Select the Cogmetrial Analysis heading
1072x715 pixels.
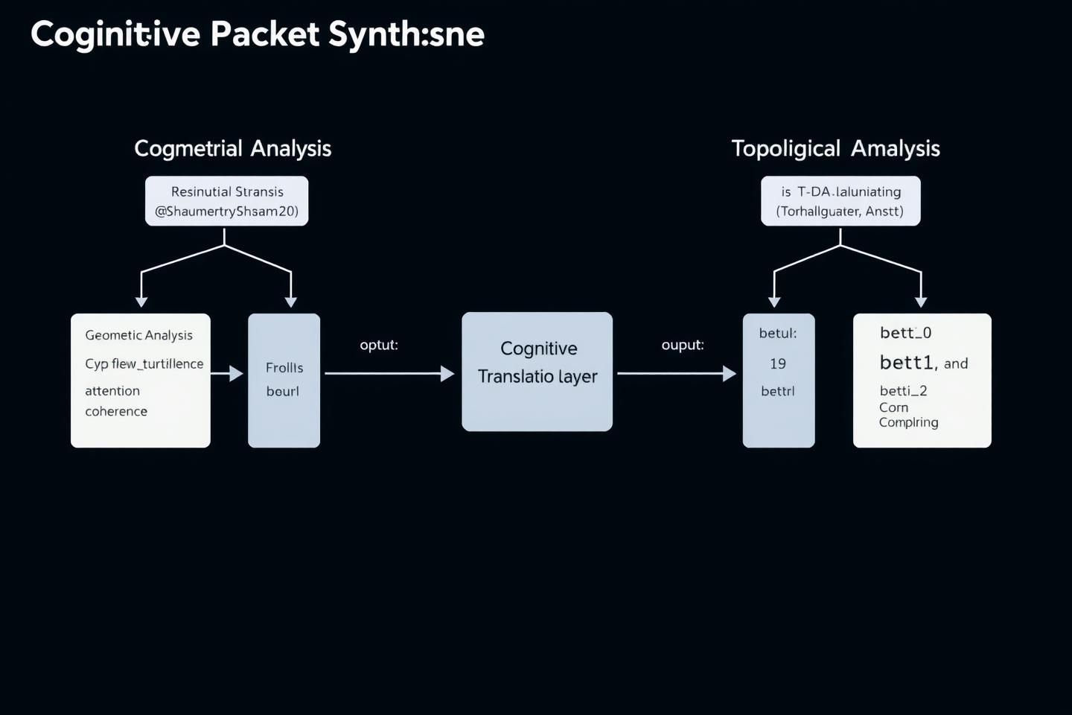point(232,148)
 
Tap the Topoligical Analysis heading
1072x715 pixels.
point(835,148)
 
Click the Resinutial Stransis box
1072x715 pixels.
point(226,201)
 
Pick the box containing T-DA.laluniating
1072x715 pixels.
point(840,201)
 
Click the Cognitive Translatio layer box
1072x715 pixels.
point(537,372)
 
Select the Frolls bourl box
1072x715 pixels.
point(284,380)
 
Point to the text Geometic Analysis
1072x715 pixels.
point(138,335)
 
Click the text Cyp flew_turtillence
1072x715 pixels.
point(144,363)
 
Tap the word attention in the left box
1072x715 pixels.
point(112,391)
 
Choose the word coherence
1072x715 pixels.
point(116,411)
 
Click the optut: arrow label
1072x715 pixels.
point(379,345)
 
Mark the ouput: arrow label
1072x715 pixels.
point(683,345)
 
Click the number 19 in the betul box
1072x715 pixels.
point(778,363)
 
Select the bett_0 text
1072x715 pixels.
point(905,333)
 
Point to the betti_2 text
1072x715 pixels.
point(903,390)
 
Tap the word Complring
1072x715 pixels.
point(908,422)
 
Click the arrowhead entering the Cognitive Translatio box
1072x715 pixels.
point(447,374)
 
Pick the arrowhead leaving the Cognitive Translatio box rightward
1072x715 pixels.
point(730,374)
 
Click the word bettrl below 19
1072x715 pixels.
point(778,391)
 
